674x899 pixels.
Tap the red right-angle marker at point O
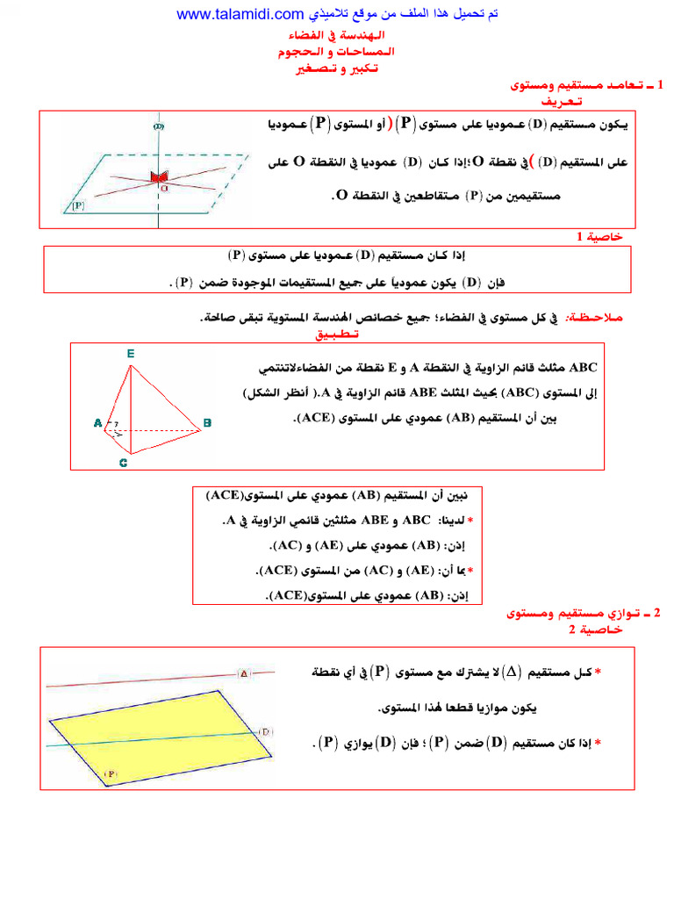coord(159,178)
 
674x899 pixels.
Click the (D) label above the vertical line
coord(159,127)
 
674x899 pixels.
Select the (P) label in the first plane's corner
coord(78,206)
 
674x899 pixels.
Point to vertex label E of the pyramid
coord(130,353)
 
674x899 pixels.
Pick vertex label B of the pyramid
coord(208,424)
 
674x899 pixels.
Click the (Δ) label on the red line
coord(245,673)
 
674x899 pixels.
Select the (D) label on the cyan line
coord(266,731)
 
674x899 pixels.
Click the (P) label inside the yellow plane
coord(111,773)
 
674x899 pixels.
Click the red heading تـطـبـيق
coord(336,334)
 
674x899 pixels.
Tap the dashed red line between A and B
coord(158,430)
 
